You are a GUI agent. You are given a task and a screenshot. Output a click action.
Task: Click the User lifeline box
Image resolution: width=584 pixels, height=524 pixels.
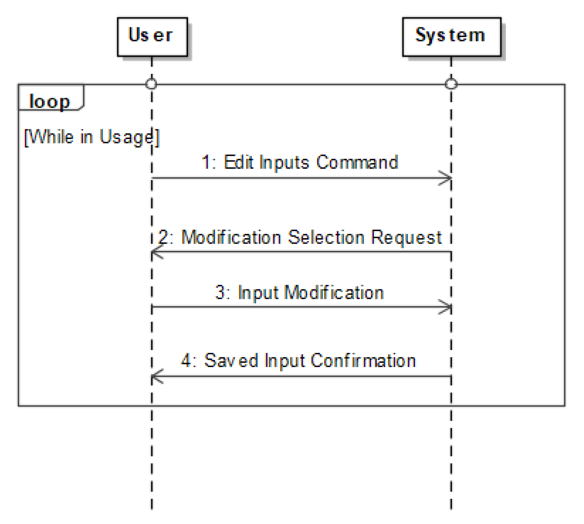pos(152,37)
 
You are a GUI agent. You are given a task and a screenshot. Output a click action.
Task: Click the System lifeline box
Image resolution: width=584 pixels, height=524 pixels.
pos(451,37)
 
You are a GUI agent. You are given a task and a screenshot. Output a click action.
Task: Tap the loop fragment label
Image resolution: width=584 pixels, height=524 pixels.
pos(50,101)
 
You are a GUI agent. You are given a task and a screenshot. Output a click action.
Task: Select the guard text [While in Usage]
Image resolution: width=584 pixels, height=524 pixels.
pos(92,137)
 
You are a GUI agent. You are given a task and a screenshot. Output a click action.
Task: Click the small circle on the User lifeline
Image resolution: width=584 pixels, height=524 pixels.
pos(151,84)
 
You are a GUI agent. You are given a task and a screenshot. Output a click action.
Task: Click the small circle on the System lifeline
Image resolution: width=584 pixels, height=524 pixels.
pos(451,84)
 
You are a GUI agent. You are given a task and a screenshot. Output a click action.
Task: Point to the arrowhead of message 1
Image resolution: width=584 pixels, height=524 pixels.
pos(447,178)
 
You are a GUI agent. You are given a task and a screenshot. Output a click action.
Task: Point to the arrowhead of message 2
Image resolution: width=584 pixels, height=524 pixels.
pos(156,253)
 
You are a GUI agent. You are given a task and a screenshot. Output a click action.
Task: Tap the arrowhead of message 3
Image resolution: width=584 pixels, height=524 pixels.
pos(447,307)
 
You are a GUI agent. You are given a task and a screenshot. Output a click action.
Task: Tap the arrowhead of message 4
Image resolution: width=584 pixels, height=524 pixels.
pos(156,376)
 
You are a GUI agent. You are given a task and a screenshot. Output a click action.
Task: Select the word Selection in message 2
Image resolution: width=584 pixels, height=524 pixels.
pos(326,238)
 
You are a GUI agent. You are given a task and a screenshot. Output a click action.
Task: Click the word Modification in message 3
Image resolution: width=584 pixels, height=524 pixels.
pos(334,293)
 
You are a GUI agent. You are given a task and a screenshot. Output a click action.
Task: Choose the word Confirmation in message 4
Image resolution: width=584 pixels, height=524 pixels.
pos(363,361)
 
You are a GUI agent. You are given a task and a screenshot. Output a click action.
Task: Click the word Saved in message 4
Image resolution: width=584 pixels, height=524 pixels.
pos(231,361)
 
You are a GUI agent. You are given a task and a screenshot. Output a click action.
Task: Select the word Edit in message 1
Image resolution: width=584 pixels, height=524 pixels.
pos(239,162)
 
